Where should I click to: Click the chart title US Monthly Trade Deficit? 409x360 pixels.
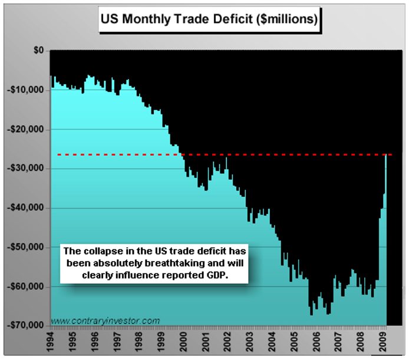[x=209, y=18]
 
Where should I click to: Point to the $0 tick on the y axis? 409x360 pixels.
[x=38, y=51]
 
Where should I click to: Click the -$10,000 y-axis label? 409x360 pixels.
[x=25, y=90]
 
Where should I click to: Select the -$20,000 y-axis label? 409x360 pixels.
[x=25, y=129]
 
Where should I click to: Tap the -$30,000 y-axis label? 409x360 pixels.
[x=25, y=169]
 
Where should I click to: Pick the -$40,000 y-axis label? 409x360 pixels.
[x=25, y=208]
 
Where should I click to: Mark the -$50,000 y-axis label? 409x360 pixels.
[x=25, y=247]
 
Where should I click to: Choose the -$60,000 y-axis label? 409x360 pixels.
[x=25, y=286]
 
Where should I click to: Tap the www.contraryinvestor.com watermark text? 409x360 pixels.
[x=105, y=321]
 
